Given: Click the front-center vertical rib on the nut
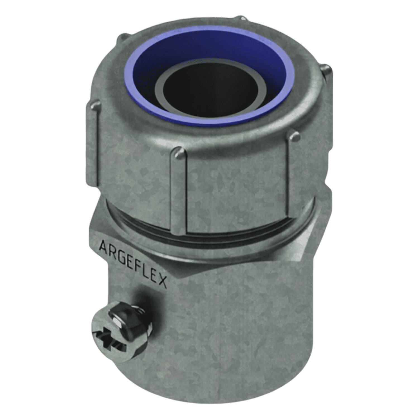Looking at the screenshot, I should pyautogui.click(x=180, y=190).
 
